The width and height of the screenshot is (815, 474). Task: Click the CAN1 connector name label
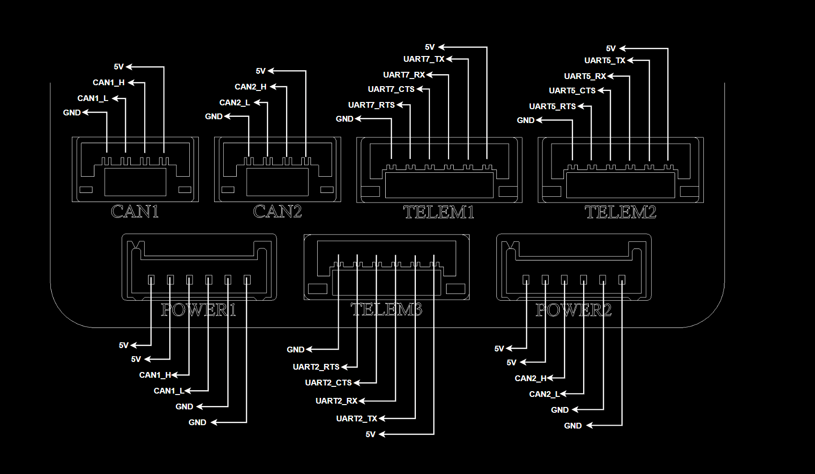pos(135,212)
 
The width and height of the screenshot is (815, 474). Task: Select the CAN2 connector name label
pos(277,212)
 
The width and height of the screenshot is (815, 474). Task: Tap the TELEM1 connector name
pos(438,212)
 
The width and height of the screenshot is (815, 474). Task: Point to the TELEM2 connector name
pos(620,212)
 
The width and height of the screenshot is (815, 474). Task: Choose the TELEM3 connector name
pos(386,310)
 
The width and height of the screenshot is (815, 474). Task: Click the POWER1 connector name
pos(198,310)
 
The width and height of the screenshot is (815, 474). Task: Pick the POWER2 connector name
pos(574,310)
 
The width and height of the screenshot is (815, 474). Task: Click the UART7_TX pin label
pos(424,59)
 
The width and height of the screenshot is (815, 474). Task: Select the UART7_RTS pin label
pos(371,105)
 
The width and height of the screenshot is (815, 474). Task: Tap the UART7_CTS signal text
pos(391,89)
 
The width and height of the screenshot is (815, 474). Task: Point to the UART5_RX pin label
pos(585,76)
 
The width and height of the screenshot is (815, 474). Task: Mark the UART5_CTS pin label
pos(572,90)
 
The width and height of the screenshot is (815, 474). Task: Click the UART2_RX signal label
pos(336,401)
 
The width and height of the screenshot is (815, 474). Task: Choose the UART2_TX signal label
pos(356,418)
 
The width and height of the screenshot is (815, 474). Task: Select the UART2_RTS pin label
pos(316,367)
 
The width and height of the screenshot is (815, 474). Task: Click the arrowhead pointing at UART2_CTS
pos(357,383)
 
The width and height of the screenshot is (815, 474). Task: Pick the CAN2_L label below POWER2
pos(544,394)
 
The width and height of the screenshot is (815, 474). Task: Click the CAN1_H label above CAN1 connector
pos(108,82)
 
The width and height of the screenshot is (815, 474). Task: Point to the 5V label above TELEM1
pos(429,47)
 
